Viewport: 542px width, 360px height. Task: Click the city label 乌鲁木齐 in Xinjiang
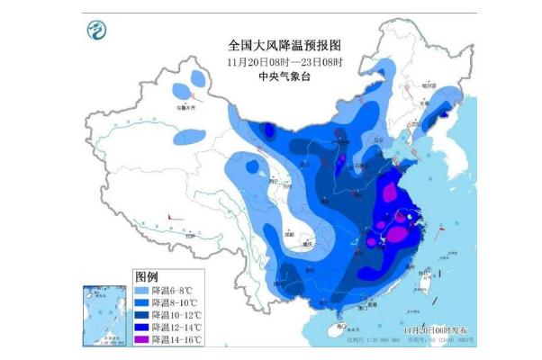(185, 105)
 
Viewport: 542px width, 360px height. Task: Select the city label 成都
(290, 235)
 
